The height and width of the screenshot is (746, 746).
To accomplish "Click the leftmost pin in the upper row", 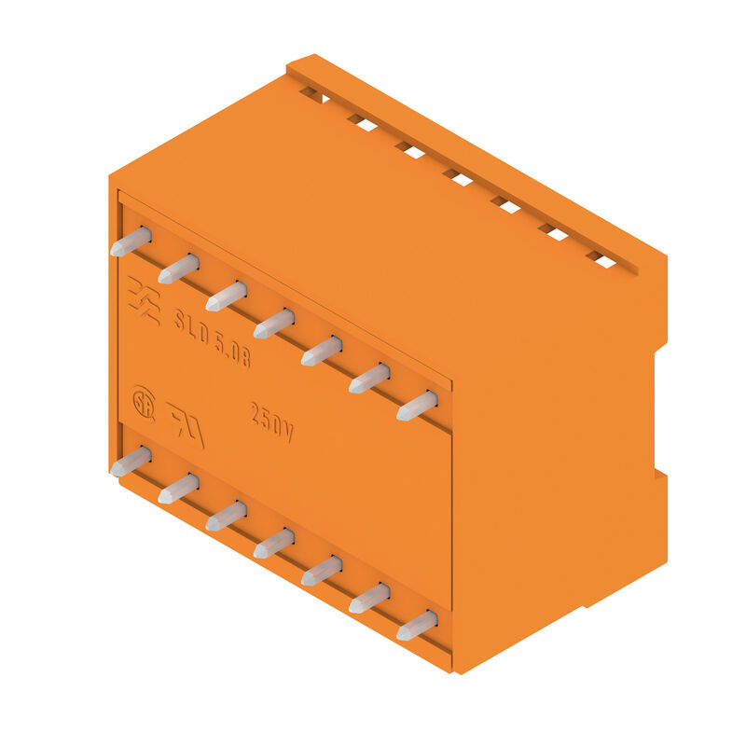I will (130, 242).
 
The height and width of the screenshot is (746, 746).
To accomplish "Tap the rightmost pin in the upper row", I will (417, 406).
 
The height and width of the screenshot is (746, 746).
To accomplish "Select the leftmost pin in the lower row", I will (130, 462).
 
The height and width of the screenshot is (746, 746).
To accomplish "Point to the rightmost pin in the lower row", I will (417, 625).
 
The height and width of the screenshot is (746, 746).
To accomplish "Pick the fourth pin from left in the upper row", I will (273, 324).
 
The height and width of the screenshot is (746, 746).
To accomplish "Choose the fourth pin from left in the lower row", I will (273, 543).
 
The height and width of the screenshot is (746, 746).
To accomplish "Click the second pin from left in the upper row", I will (177, 269).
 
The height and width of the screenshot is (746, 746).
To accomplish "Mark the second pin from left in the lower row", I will (177, 488).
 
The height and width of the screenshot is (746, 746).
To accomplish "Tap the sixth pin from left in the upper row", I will (369, 379).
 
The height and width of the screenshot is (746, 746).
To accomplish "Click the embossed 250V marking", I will (272, 422).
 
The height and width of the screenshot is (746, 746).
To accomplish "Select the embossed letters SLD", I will (192, 325).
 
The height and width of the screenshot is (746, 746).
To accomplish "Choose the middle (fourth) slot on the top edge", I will (457, 176).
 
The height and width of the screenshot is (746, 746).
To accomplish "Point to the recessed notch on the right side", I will (658, 410).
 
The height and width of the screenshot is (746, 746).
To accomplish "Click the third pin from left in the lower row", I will (226, 516).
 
